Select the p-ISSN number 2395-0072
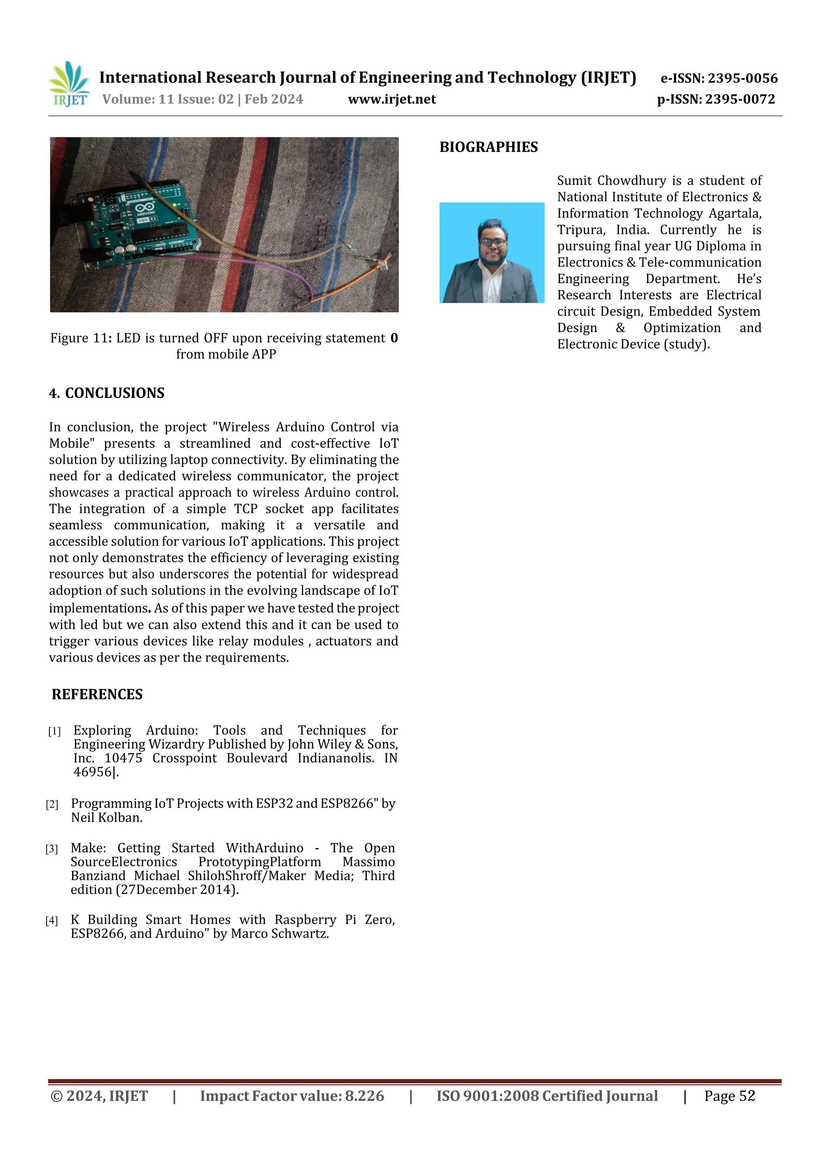click(x=740, y=99)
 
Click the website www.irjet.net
click(x=392, y=99)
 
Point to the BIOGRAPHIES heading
click(x=488, y=147)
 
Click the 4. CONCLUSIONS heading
click(x=107, y=393)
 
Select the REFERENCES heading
click(x=97, y=694)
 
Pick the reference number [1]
click(x=54, y=731)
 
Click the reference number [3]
click(x=51, y=849)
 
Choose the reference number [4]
click(x=51, y=921)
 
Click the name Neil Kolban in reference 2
click(x=106, y=818)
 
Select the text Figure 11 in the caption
click(x=79, y=338)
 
